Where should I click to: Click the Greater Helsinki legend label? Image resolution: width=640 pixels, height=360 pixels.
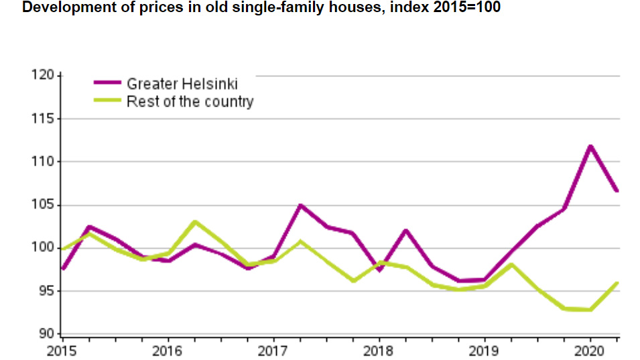[x=182, y=84]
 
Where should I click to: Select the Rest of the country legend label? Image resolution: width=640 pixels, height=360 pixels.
[x=190, y=102]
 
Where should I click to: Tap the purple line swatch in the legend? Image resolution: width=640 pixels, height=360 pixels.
[x=107, y=83]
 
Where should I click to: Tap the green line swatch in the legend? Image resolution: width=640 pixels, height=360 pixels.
[x=107, y=101]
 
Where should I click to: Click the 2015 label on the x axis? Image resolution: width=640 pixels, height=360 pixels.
[x=62, y=351]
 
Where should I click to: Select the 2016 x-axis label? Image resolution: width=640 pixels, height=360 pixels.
[x=167, y=351]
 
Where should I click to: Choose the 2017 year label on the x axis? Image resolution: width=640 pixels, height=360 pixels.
[x=273, y=351]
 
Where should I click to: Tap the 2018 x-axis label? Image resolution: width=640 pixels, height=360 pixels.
[x=378, y=351]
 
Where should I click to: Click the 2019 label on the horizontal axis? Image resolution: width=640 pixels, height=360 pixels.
[x=484, y=351]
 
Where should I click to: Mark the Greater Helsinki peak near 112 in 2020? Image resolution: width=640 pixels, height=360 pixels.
[x=590, y=146]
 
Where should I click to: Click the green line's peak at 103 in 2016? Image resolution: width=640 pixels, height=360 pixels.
[x=194, y=222]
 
